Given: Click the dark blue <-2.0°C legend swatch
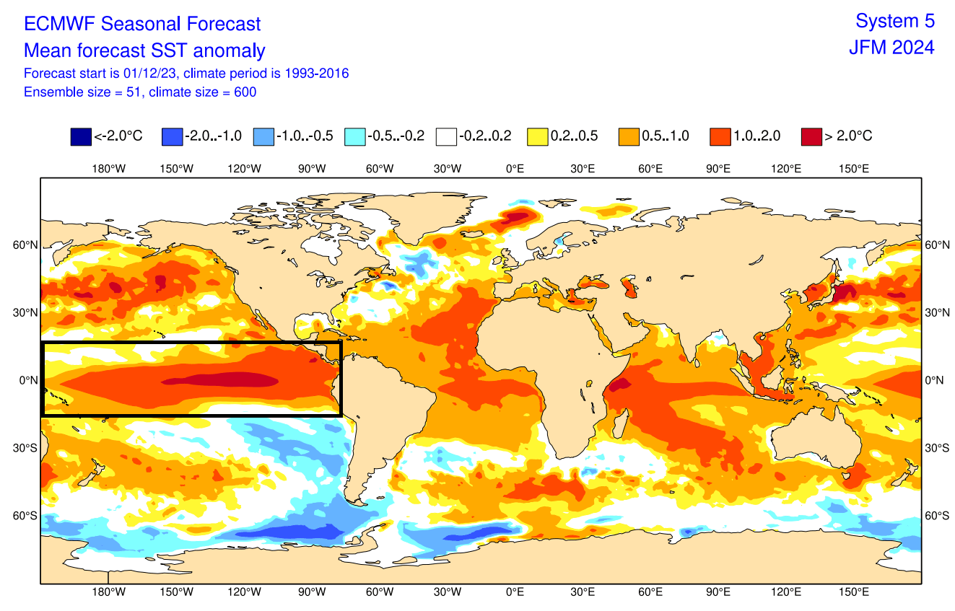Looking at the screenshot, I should (x=81, y=136).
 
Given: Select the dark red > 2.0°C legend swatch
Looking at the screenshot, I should (x=811, y=136).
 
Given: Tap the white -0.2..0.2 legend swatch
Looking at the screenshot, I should (x=446, y=136).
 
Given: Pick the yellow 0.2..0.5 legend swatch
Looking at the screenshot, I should (x=538, y=136).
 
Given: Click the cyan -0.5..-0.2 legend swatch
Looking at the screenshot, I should (x=355, y=136).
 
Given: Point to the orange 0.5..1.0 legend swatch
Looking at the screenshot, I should (x=629, y=136).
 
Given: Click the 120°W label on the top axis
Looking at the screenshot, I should (x=244, y=169).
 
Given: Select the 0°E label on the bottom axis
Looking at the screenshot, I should (x=515, y=592).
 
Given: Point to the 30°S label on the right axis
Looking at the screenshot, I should (x=937, y=448).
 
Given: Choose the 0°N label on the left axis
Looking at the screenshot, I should (x=27, y=380).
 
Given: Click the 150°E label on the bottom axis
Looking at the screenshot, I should (x=853, y=592).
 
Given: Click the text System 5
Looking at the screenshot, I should (x=894, y=21).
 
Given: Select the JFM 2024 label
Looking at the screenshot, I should (x=891, y=48).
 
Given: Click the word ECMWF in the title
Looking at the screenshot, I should (x=60, y=24).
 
